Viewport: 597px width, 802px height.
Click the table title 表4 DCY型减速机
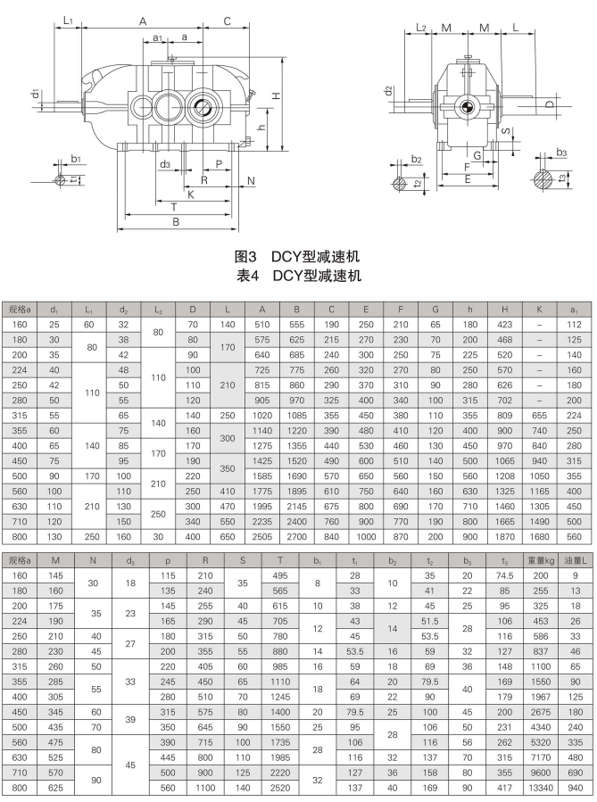point(297,276)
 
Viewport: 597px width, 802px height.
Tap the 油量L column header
point(576,560)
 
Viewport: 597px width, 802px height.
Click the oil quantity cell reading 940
point(576,789)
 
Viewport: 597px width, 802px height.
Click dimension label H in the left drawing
point(277,95)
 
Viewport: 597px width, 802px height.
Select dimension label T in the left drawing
point(172,206)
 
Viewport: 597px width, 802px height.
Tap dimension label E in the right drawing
point(468,178)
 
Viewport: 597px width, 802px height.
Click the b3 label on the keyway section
point(561,153)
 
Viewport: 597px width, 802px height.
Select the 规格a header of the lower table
point(20,560)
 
